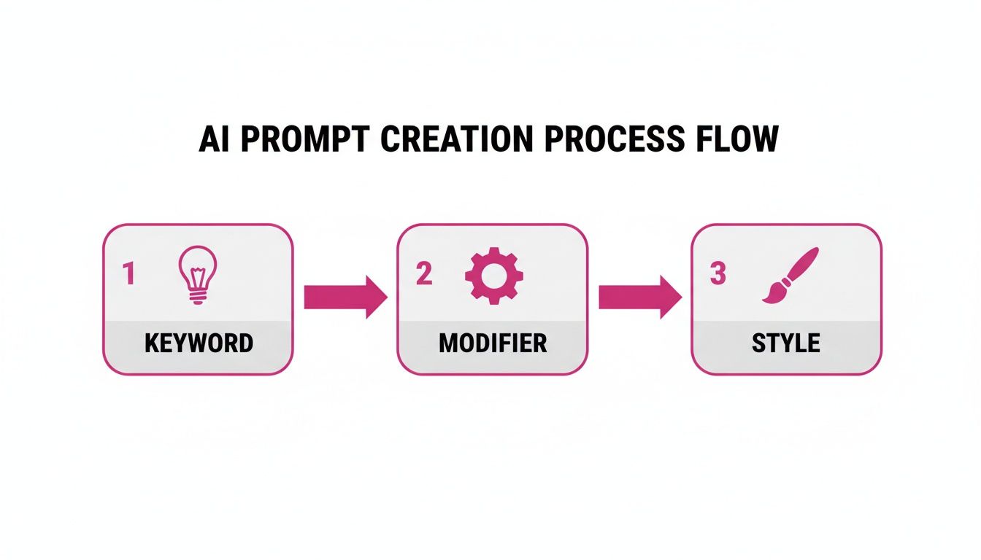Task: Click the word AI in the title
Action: [x=214, y=139]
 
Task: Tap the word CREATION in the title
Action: [x=457, y=139]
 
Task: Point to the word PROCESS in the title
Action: [x=615, y=139]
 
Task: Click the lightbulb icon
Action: [x=198, y=275]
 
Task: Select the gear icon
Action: [x=494, y=276]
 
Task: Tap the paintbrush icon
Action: [x=790, y=275]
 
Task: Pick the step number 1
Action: [x=128, y=273]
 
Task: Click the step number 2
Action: [x=424, y=273]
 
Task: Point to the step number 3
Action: [x=718, y=273]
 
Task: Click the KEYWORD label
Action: [x=199, y=343]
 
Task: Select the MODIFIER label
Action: [x=493, y=343]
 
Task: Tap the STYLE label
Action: [x=786, y=343]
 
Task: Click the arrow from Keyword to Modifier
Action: [x=345, y=297]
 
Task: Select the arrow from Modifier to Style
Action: [x=640, y=297]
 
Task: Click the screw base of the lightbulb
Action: [x=198, y=296]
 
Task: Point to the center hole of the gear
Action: [x=494, y=276]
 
